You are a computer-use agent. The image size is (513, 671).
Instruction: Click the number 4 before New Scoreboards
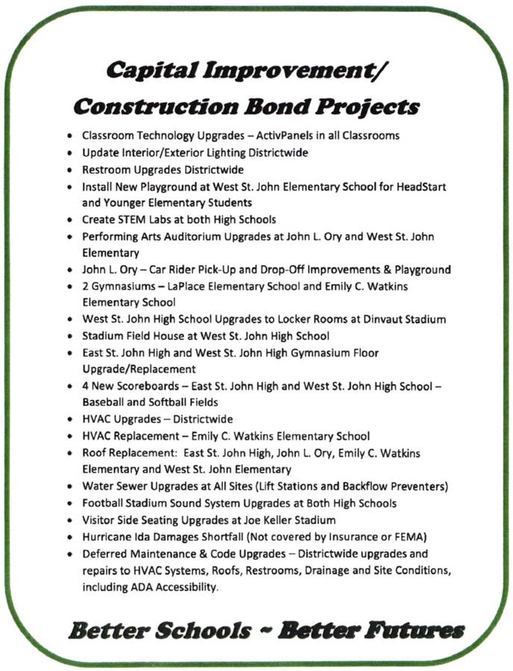(x=86, y=386)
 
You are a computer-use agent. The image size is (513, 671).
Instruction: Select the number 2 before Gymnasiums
(x=86, y=286)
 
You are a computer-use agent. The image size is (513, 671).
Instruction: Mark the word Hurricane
(x=107, y=537)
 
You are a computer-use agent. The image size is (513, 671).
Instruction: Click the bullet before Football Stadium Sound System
(x=69, y=504)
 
